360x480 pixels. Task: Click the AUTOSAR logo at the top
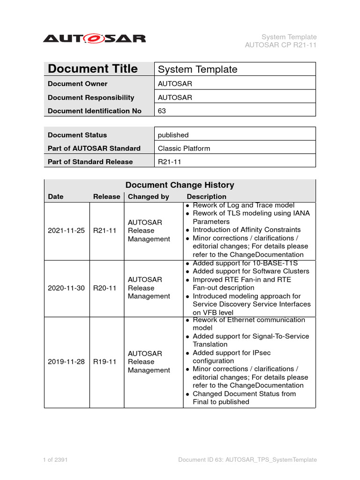point(94,38)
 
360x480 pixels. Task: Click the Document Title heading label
point(93,69)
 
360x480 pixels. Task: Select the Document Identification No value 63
point(162,111)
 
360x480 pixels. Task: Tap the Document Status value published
point(173,135)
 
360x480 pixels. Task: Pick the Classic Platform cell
point(184,148)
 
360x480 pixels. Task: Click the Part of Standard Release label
point(90,162)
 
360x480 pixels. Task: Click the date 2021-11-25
point(66,230)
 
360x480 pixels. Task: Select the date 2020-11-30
point(66,288)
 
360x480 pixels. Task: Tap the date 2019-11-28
point(66,362)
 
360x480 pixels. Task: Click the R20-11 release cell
point(105,288)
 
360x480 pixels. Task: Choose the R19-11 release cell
point(105,362)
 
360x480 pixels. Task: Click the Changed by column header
point(149,197)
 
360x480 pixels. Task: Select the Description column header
point(206,197)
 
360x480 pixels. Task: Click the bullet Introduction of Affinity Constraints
point(247,230)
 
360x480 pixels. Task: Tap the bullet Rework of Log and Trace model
point(243,205)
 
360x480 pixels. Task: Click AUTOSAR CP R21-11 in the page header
point(281,45)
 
